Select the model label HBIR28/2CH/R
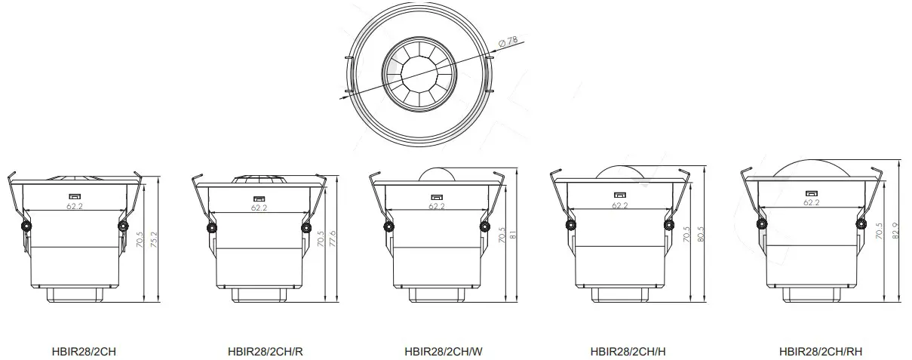click(x=265, y=351)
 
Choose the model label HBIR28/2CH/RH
click(x=821, y=351)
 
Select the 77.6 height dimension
click(x=333, y=239)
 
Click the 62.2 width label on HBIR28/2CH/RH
click(x=811, y=202)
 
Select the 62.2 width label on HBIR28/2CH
click(x=74, y=205)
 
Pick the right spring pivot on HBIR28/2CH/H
click(x=668, y=225)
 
